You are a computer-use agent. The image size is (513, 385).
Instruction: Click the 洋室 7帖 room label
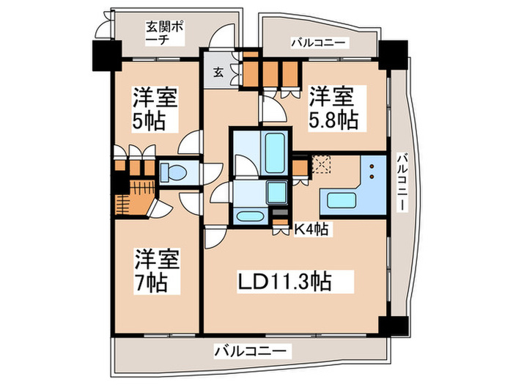pos(156,270)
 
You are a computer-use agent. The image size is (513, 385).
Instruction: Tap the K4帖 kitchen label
pos(311,230)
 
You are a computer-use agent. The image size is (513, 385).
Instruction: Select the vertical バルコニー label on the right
pos(402,181)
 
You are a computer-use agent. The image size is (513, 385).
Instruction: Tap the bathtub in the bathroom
pos(275,151)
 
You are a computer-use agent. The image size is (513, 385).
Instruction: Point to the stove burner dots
pos(373,172)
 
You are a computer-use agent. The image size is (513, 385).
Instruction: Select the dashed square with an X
pos(320,164)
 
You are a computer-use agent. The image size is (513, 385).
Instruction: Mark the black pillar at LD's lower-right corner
pos(389,325)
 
